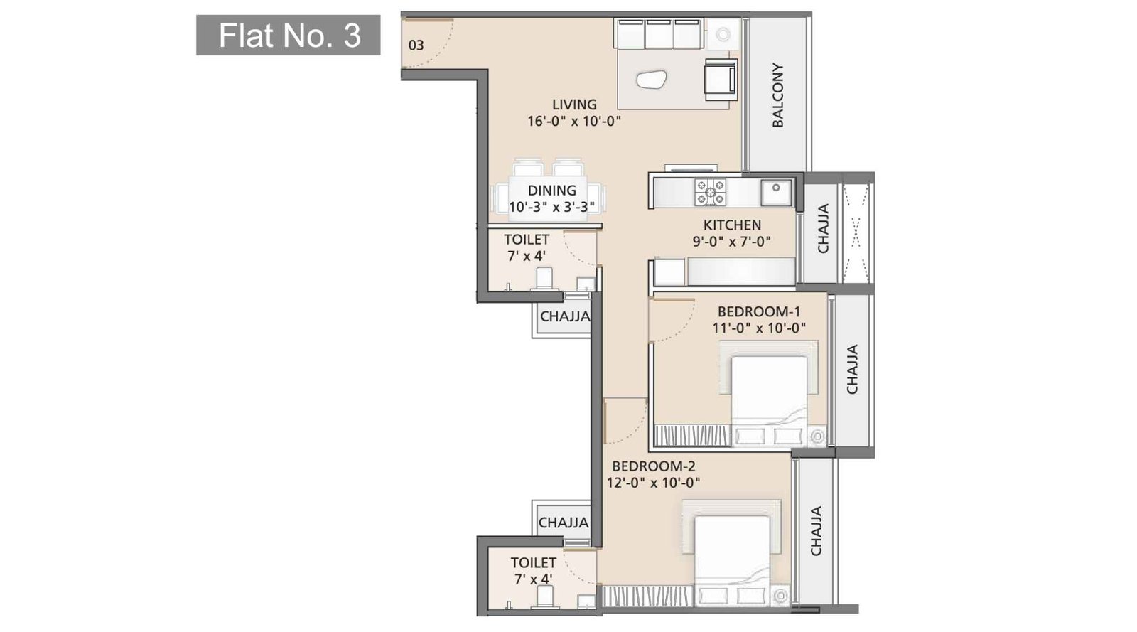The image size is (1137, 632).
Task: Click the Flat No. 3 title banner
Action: pyautogui.click(x=289, y=36)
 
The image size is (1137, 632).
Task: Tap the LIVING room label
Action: pyautogui.click(x=574, y=105)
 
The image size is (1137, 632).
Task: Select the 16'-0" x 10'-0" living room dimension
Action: pyautogui.click(x=574, y=121)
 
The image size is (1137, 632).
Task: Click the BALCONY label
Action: pyautogui.click(x=778, y=95)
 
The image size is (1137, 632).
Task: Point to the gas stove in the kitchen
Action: pyautogui.click(x=710, y=192)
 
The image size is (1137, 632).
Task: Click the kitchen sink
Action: pyautogui.click(x=775, y=192)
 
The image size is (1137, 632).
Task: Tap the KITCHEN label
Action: pyautogui.click(x=732, y=225)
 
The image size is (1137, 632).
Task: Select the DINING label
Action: pyautogui.click(x=551, y=191)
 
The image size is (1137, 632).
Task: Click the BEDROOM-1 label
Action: pyautogui.click(x=759, y=311)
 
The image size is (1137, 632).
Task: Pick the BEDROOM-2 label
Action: pyautogui.click(x=654, y=466)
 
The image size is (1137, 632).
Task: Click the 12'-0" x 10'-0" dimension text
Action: pyautogui.click(x=654, y=483)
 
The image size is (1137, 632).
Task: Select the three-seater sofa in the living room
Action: pyautogui.click(x=659, y=34)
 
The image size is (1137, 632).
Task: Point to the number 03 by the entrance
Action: pyautogui.click(x=416, y=45)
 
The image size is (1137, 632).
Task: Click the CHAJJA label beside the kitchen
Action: pyautogui.click(x=824, y=229)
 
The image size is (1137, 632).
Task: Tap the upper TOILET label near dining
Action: pyautogui.click(x=527, y=240)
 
